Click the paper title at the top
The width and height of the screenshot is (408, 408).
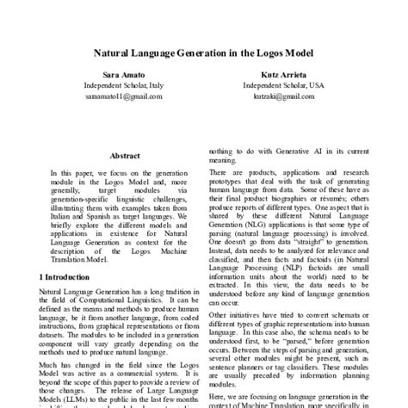tap(204, 51)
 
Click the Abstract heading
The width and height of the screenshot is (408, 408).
tap(126, 156)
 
